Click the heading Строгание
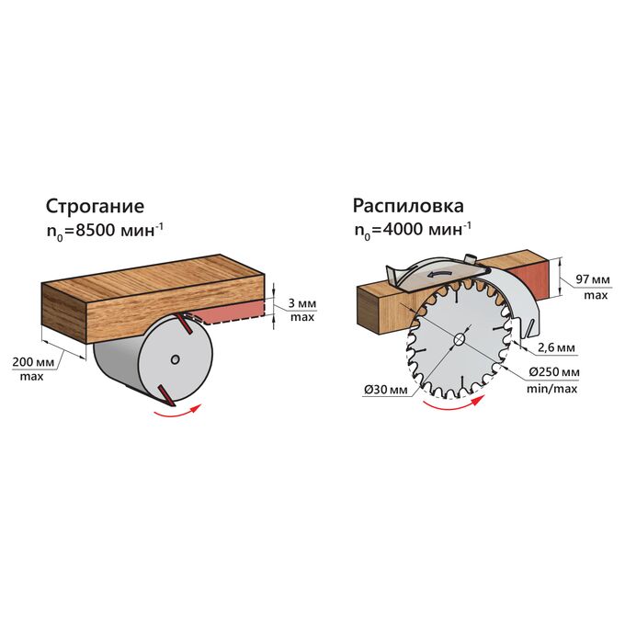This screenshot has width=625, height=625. [x=95, y=207]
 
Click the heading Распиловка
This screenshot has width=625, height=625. [x=408, y=206]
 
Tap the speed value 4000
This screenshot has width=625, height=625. [x=403, y=230]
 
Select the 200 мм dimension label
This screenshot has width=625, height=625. [x=33, y=362]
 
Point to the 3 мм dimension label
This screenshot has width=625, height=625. [x=302, y=303]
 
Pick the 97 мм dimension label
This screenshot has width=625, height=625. [x=593, y=279]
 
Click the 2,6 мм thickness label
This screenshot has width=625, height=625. [x=556, y=347]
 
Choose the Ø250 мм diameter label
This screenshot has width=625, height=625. [x=554, y=372]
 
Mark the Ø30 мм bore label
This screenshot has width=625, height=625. [x=386, y=390]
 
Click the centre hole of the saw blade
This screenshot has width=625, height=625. [x=460, y=339]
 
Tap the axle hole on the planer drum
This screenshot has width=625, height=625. [x=175, y=359]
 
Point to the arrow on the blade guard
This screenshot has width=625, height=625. [x=438, y=274]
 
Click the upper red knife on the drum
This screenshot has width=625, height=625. [x=185, y=324]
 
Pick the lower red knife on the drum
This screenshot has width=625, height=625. [x=166, y=396]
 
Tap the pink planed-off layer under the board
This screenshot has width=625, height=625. [x=228, y=313]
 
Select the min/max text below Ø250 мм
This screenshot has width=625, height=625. [x=552, y=389]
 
